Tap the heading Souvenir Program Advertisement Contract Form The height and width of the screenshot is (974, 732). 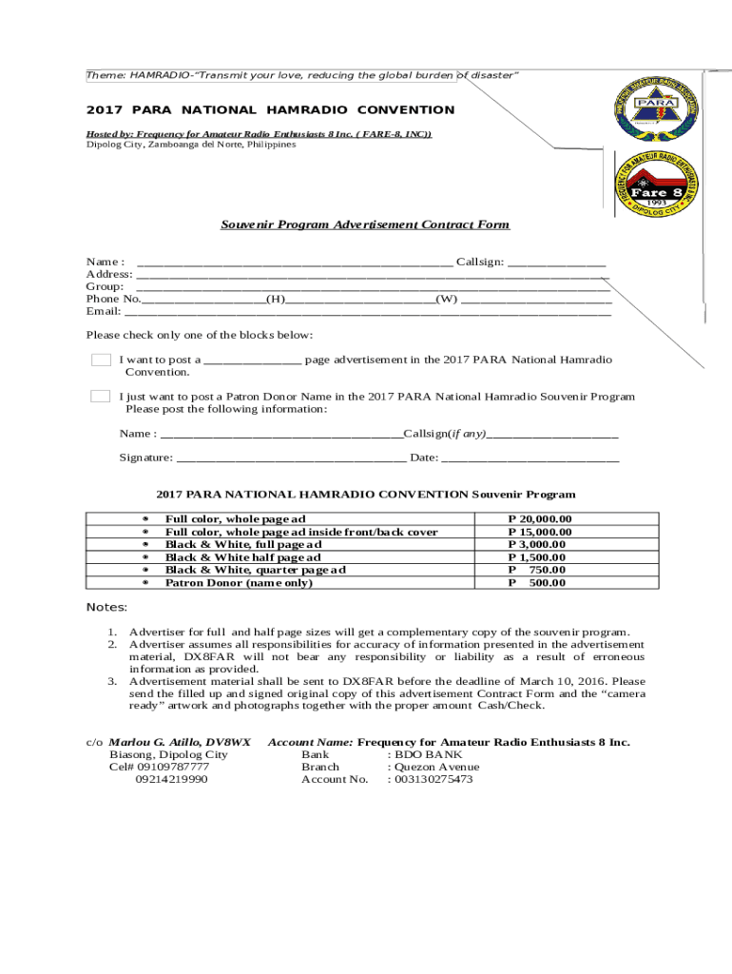pyautogui.click(x=365, y=224)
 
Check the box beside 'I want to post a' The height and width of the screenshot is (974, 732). pyautogui.click(x=101, y=360)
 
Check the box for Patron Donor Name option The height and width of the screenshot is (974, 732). pyautogui.click(x=101, y=397)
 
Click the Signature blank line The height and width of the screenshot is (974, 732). pyautogui.click(x=291, y=459)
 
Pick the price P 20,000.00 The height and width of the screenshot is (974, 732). pyautogui.click(x=540, y=519)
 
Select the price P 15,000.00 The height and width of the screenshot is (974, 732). pyautogui.click(x=540, y=532)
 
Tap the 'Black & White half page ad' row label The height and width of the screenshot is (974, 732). pyautogui.click(x=242, y=557)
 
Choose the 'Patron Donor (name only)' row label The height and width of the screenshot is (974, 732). pyautogui.click(x=239, y=583)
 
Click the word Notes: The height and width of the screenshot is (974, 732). pyautogui.click(x=106, y=607)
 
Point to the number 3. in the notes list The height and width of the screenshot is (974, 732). pyautogui.click(x=111, y=681)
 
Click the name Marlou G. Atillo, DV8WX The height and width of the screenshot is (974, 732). pyautogui.click(x=180, y=742)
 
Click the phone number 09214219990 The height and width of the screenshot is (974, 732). pyautogui.click(x=171, y=779)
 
